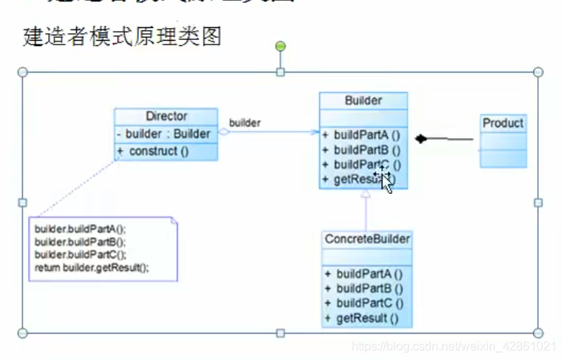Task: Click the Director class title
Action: [x=166, y=116]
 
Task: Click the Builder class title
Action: [x=363, y=100]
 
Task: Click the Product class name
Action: [x=502, y=123]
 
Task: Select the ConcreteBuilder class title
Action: [x=367, y=239]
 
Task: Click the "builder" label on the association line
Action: [x=244, y=122]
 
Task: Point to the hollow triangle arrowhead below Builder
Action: [x=365, y=194]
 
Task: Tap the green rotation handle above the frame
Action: [x=281, y=47]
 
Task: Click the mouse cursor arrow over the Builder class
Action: [x=385, y=182]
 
